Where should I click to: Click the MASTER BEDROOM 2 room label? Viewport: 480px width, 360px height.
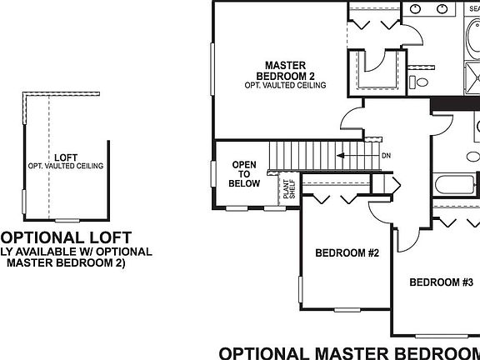pyautogui.click(x=285, y=70)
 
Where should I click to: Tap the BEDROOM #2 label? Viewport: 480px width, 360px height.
pyautogui.click(x=347, y=253)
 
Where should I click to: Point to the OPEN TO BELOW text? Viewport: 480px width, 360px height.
pyautogui.click(x=246, y=173)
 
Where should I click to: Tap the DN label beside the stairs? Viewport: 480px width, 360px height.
pyautogui.click(x=386, y=156)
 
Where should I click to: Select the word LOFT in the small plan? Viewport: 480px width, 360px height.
pyautogui.click(x=66, y=157)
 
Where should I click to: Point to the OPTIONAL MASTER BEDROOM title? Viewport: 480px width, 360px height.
pyautogui.click(x=349, y=352)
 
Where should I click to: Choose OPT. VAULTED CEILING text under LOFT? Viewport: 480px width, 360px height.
pyautogui.click(x=66, y=166)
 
